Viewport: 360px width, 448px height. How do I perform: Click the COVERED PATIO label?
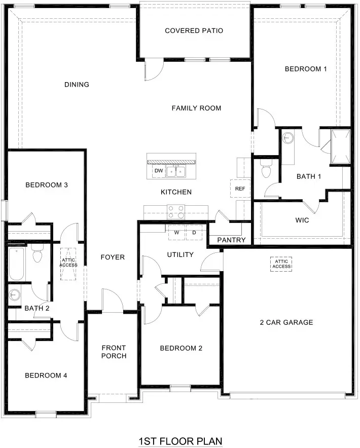194,31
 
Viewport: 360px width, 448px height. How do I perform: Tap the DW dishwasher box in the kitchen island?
159,171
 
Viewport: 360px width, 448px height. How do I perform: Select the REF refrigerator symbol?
239,189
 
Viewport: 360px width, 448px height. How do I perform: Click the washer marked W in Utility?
176,233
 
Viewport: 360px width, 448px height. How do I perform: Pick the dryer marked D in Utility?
194,233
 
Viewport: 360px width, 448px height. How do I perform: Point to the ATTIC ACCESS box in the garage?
281,264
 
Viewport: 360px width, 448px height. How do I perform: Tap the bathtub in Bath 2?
16,264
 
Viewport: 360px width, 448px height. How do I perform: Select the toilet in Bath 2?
37,254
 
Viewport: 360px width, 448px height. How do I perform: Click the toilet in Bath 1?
265,171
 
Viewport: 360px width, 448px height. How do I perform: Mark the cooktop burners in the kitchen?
176,210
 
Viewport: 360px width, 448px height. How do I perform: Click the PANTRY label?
231,240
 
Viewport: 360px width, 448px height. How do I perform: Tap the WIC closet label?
302,220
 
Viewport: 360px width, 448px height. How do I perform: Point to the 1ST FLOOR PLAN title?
180,441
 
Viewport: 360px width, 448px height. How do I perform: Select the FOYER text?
113,257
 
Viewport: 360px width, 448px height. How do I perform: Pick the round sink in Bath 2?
14,294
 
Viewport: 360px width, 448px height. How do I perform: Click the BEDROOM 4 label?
46,376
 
